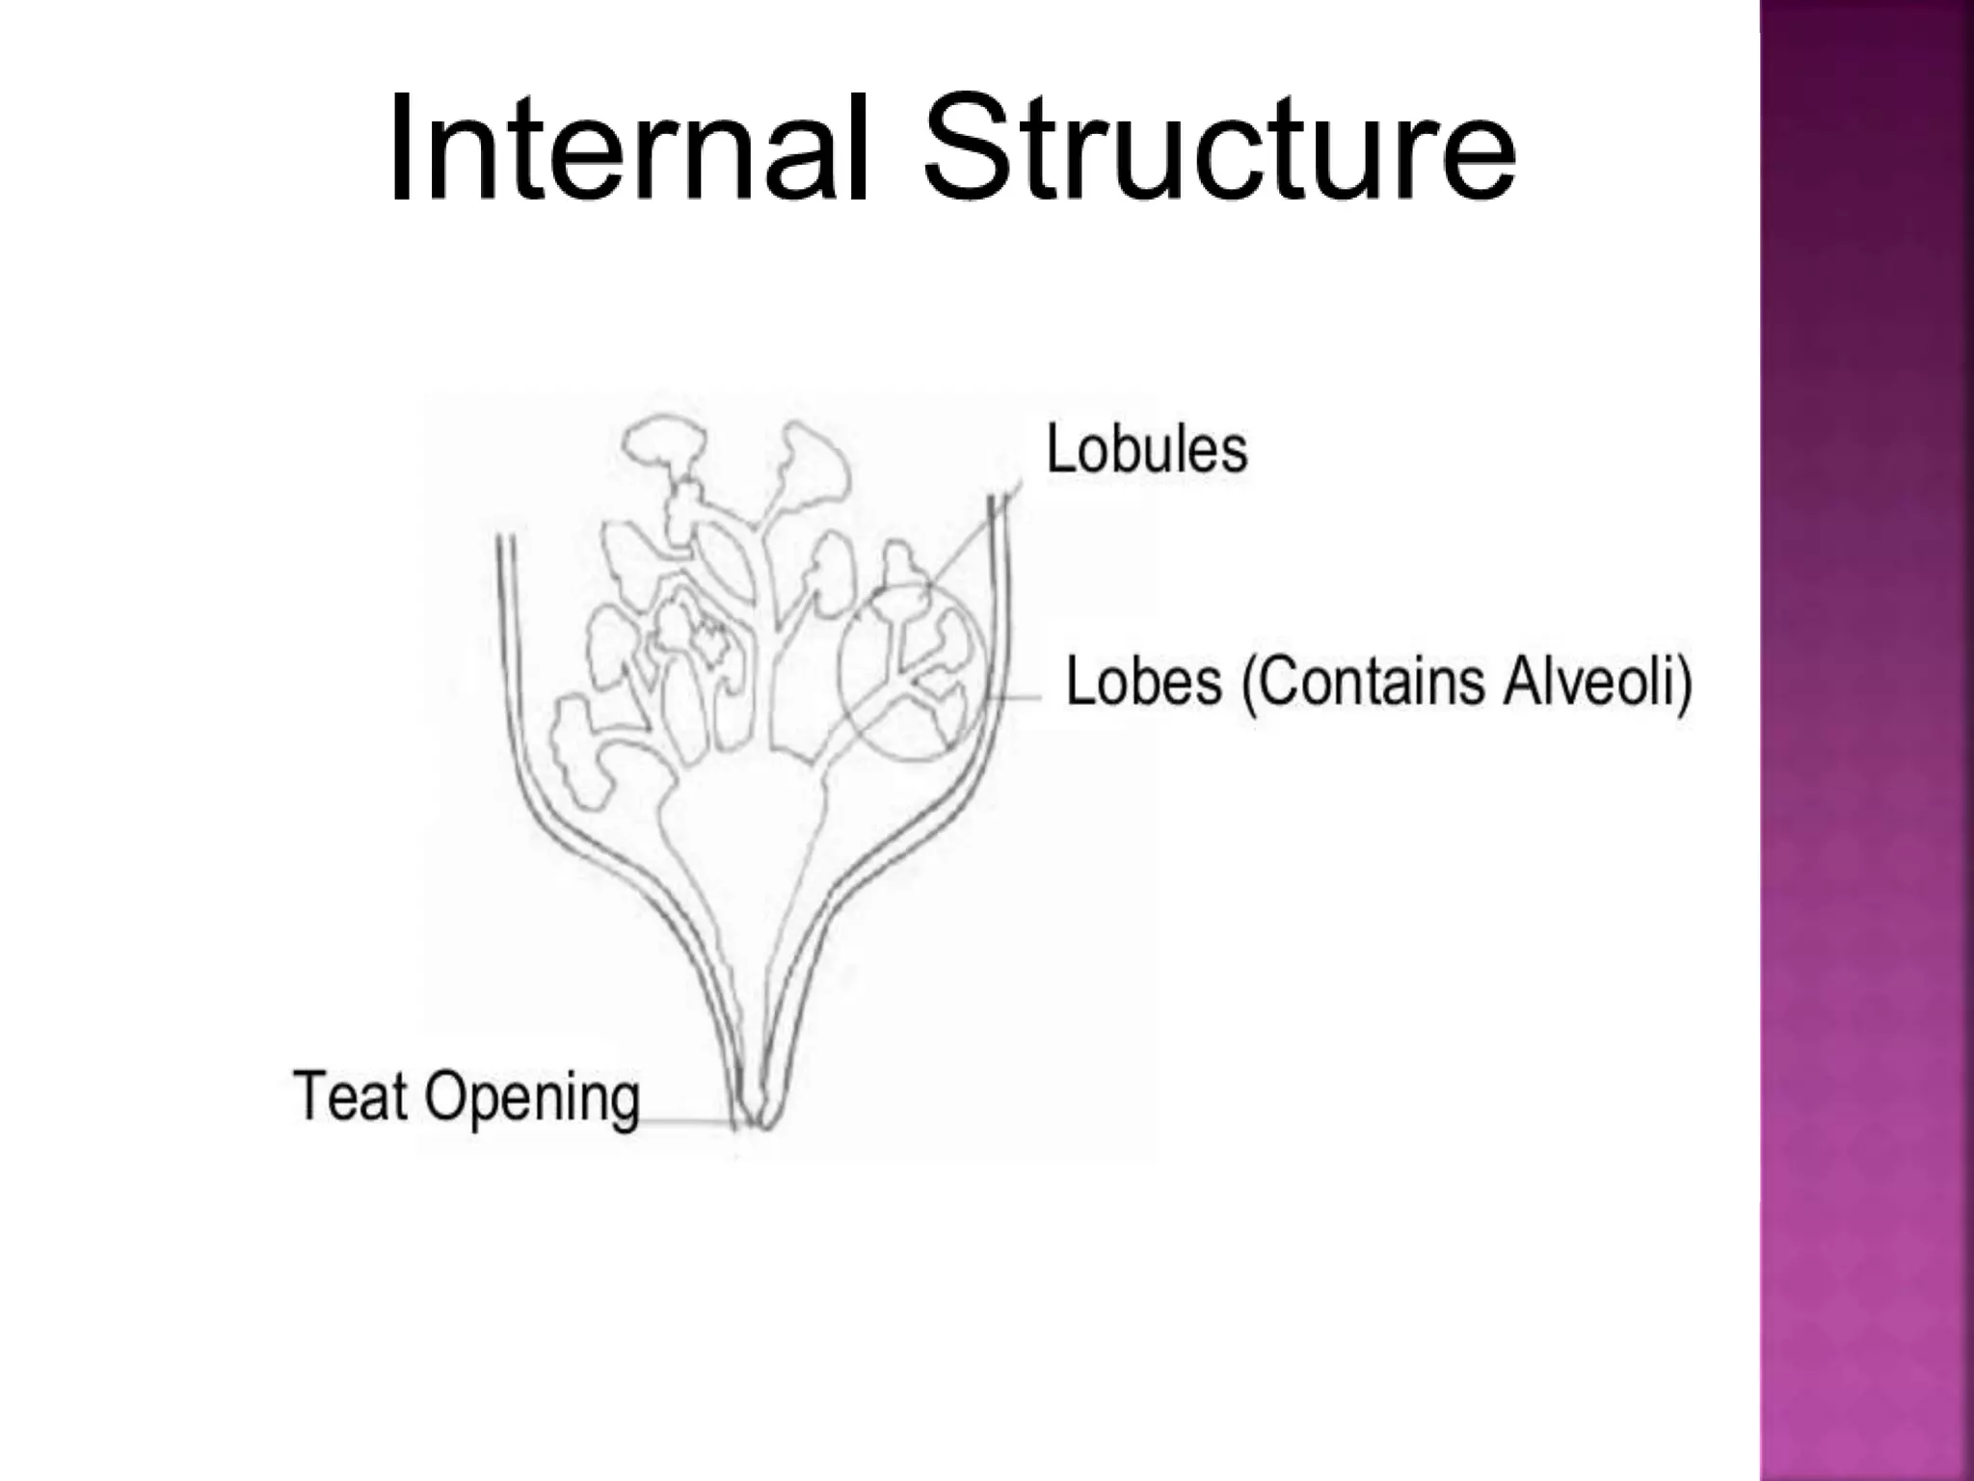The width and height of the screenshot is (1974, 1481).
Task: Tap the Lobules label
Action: tap(1147, 449)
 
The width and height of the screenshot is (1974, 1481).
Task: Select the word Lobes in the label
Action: tap(1144, 682)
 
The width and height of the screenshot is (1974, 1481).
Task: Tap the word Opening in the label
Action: tap(532, 1100)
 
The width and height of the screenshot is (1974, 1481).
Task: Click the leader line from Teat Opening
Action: tap(686, 1121)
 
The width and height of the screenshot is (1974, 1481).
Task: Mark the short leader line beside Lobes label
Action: tap(1016, 696)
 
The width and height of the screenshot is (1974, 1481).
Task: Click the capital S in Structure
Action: tap(969, 147)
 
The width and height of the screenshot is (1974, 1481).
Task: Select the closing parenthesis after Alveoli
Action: tap(1683, 685)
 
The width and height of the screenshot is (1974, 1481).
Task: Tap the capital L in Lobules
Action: tap(1062, 448)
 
